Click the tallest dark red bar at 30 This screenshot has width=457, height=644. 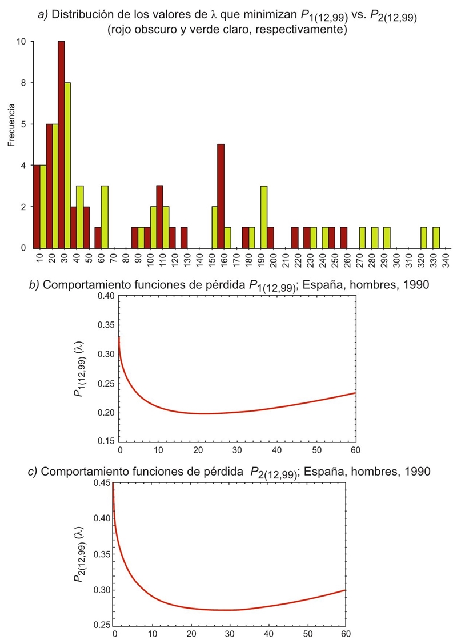pyautogui.click(x=61, y=144)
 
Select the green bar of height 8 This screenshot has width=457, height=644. pyautogui.click(x=67, y=166)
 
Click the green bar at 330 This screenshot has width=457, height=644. pyautogui.click(x=436, y=238)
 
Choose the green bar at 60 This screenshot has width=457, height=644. pyautogui.click(x=105, y=217)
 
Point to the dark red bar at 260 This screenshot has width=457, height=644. pyautogui.click(x=343, y=238)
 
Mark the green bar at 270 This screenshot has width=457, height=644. pyautogui.click(x=362, y=238)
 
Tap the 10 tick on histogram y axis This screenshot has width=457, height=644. pyautogui.click(x=22, y=42)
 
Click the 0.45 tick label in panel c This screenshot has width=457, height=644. pyautogui.click(x=103, y=483)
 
